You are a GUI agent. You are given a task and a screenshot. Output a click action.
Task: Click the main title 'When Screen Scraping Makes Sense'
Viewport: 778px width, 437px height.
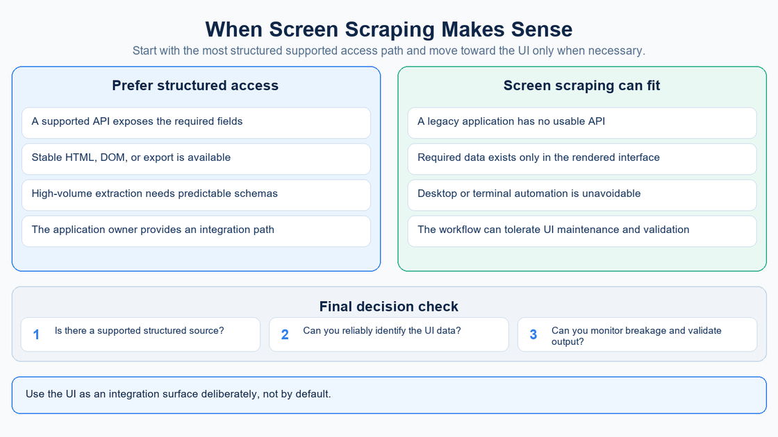click(x=388, y=29)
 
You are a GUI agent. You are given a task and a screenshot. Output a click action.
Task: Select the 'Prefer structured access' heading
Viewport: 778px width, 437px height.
click(x=195, y=85)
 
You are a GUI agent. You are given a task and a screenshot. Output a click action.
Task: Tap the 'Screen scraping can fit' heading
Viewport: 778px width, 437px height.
click(x=581, y=85)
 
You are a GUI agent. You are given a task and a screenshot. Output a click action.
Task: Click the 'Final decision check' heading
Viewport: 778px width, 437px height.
click(x=388, y=306)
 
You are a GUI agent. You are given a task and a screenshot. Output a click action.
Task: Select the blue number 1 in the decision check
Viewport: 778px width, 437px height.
click(x=36, y=335)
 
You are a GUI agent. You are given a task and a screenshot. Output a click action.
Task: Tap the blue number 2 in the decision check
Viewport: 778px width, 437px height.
click(x=285, y=335)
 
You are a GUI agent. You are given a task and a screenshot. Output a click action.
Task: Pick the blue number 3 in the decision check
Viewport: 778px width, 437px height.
click(x=533, y=335)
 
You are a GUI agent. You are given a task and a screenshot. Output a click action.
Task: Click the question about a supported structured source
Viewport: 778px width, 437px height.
click(x=139, y=330)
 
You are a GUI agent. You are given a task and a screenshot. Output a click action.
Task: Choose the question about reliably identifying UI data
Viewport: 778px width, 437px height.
click(x=381, y=330)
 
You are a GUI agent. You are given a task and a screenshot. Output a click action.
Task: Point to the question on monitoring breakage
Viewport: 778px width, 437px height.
click(x=636, y=336)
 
